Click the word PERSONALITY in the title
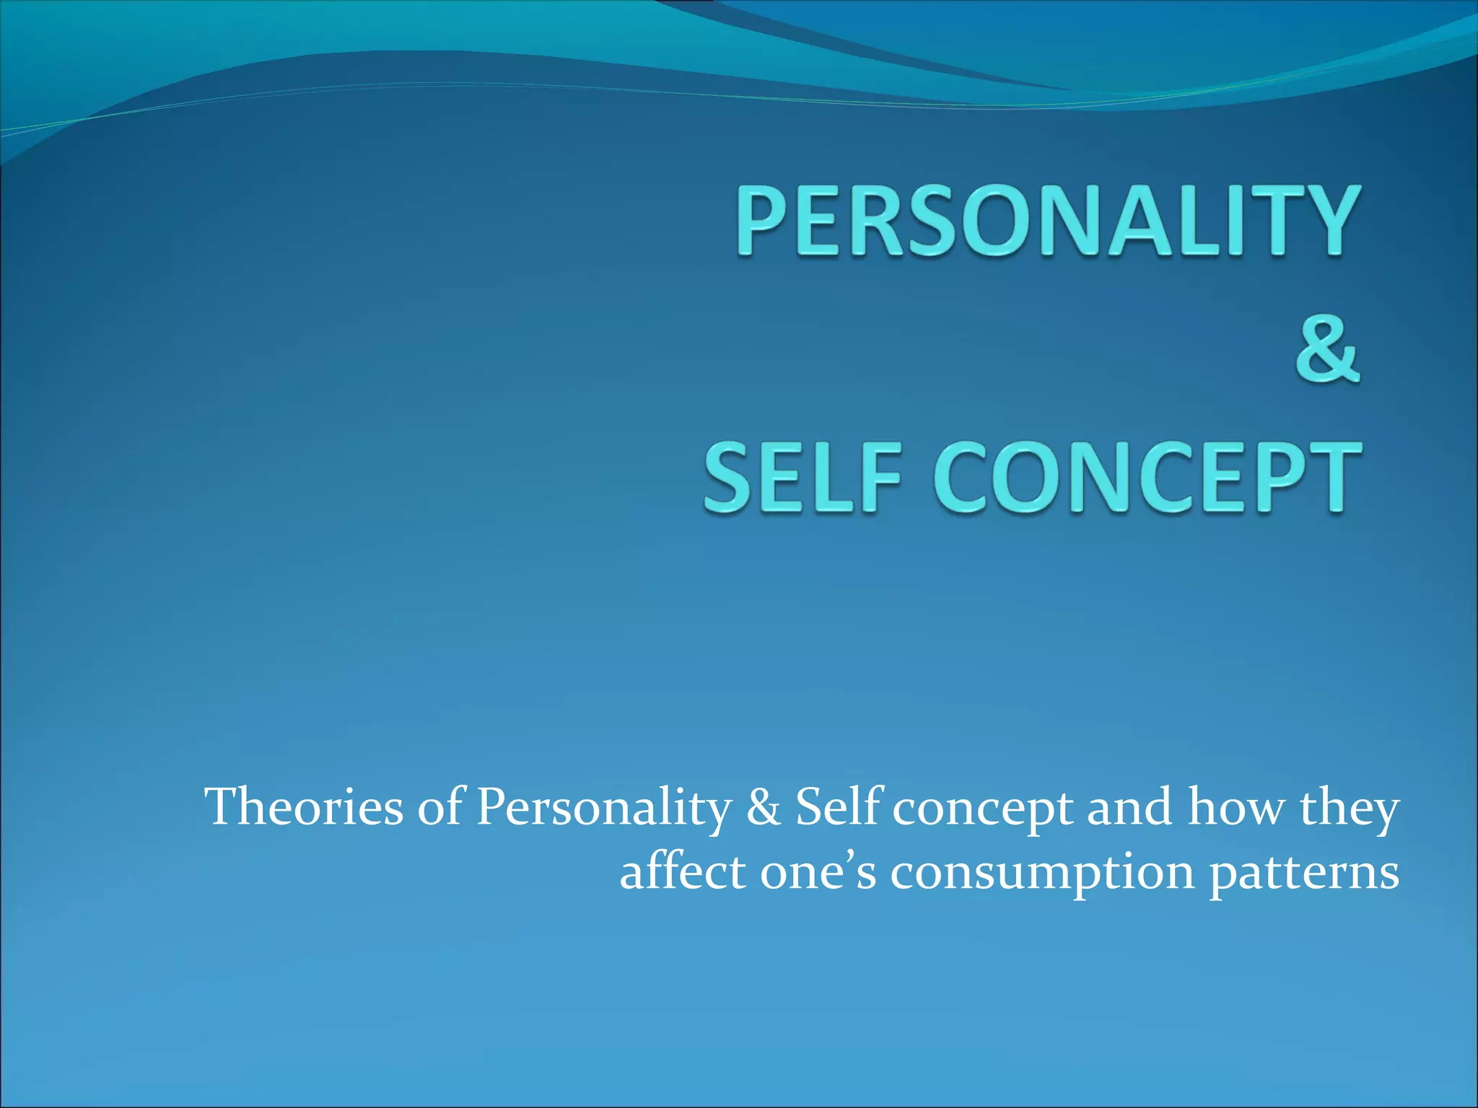[x=1047, y=219]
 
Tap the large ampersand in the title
[x=1326, y=350]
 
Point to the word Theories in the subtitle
[x=304, y=807]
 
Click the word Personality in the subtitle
[x=603, y=809]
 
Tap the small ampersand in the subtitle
[x=764, y=807]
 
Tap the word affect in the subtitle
[x=683, y=872]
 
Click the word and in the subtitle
[x=1129, y=807]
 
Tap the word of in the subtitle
[x=439, y=807]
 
